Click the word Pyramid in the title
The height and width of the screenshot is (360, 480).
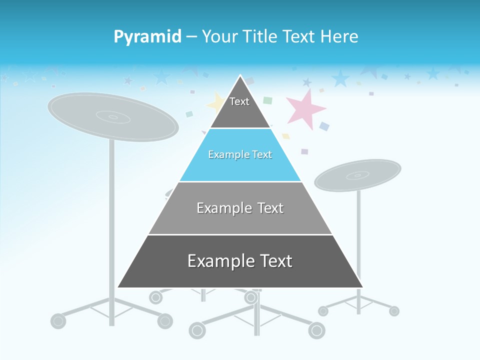point(147,37)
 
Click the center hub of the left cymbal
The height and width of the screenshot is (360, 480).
point(113,117)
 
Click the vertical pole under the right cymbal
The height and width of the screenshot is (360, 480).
point(358,240)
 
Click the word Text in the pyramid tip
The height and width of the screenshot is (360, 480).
point(239,101)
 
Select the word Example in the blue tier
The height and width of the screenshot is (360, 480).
point(225,155)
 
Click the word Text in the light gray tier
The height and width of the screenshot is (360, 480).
point(270,208)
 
